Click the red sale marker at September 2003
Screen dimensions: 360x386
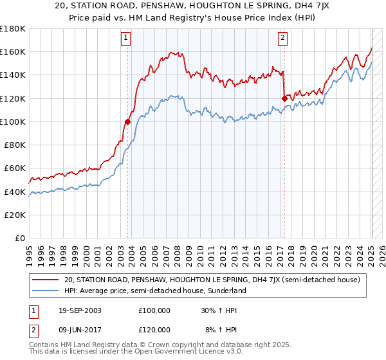pyautogui.click(x=127, y=122)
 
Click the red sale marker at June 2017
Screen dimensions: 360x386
pyautogui.click(x=284, y=98)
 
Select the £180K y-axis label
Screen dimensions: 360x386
pyautogui.click(x=14, y=29)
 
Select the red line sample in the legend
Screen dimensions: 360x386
pyautogui.click(x=46, y=280)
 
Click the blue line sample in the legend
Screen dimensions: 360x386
pyautogui.click(x=46, y=291)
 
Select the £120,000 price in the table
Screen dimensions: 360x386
pyautogui.click(x=154, y=329)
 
